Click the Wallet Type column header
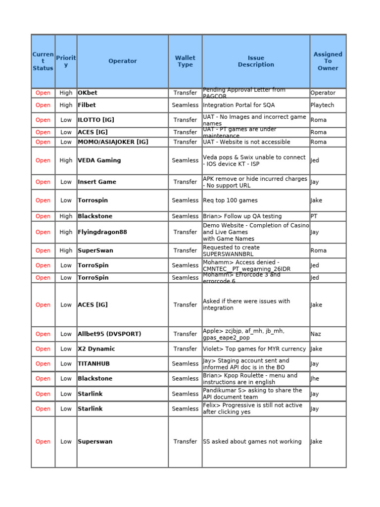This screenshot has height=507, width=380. click(x=185, y=61)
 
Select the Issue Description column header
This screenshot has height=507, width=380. click(x=256, y=61)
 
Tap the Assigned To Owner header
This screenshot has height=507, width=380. click(x=328, y=61)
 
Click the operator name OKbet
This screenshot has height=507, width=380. click(x=88, y=93)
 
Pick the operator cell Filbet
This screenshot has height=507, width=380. click(x=87, y=105)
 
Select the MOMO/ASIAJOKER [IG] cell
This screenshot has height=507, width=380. click(x=113, y=142)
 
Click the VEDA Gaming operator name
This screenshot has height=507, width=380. click(x=99, y=160)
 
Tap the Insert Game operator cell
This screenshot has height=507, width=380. click(x=97, y=182)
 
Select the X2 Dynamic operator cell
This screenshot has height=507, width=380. click(x=96, y=349)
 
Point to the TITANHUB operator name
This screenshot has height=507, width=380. click(x=94, y=364)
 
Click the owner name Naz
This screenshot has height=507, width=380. click(x=316, y=334)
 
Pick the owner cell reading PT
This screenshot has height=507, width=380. click(x=314, y=216)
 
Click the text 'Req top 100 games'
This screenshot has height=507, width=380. click(x=230, y=201)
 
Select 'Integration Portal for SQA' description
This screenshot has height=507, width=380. click(x=238, y=105)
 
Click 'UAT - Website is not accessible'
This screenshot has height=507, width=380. click(x=246, y=142)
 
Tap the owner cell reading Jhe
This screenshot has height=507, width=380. click(x=315, y=379)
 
